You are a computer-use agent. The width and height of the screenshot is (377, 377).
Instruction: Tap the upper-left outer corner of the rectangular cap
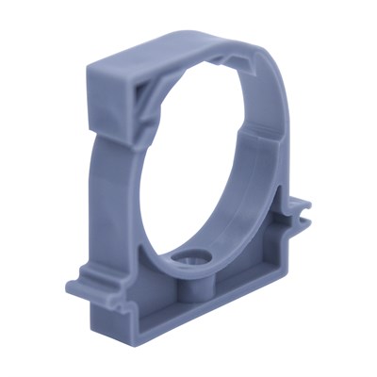91,65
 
